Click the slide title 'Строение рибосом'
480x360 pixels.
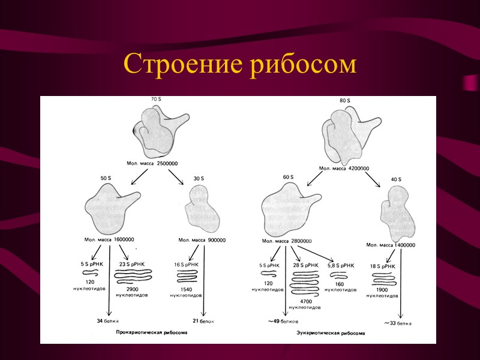[239, 64]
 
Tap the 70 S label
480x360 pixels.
[158, 99]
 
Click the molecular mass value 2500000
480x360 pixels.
[167, 164]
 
